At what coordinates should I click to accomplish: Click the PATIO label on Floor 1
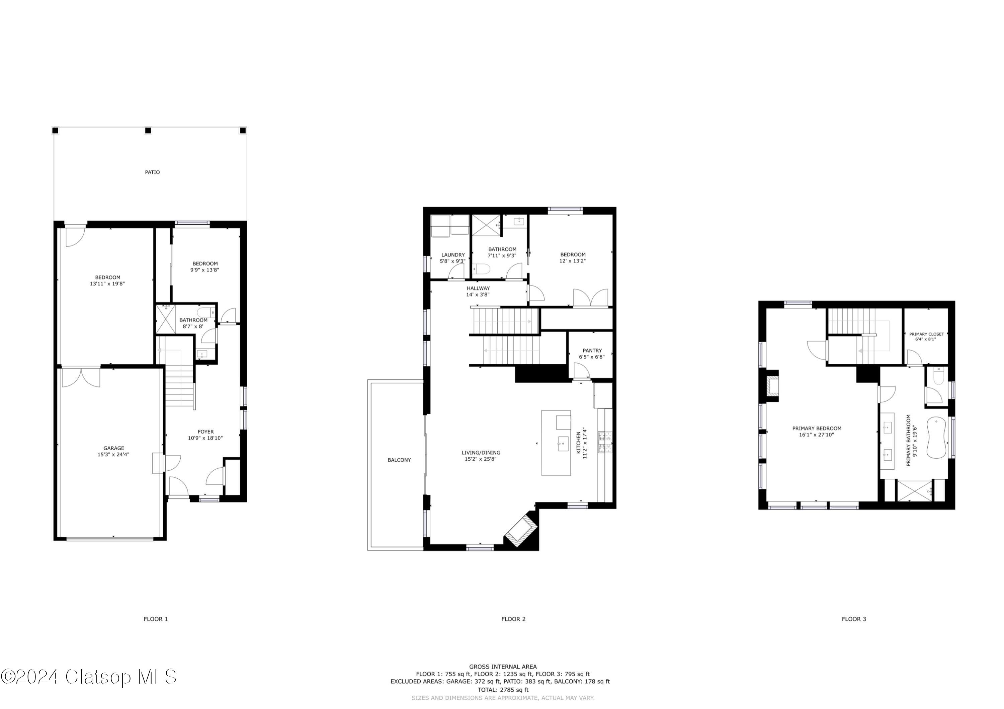click(x=152, y=172)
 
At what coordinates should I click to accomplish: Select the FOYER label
click(x=205, y=432)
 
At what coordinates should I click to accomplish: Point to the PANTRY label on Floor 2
click(x=592, y=350)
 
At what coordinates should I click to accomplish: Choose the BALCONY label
click(x=399, y=460)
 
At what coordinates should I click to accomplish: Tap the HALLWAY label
click(x=478, y=288)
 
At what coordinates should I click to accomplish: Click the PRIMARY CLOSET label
click(x=926, y=334)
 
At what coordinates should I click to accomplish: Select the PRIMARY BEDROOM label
click(x=816, y=429)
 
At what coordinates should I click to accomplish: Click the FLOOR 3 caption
click(x=854, y=619)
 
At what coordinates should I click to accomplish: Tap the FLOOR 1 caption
click(x=156, y=619)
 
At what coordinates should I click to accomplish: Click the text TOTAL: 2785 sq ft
click(x=503, y=690)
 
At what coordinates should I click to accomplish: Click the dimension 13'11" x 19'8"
click(x=107, y=284)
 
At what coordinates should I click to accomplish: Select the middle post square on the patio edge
click(x=148, y=130)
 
